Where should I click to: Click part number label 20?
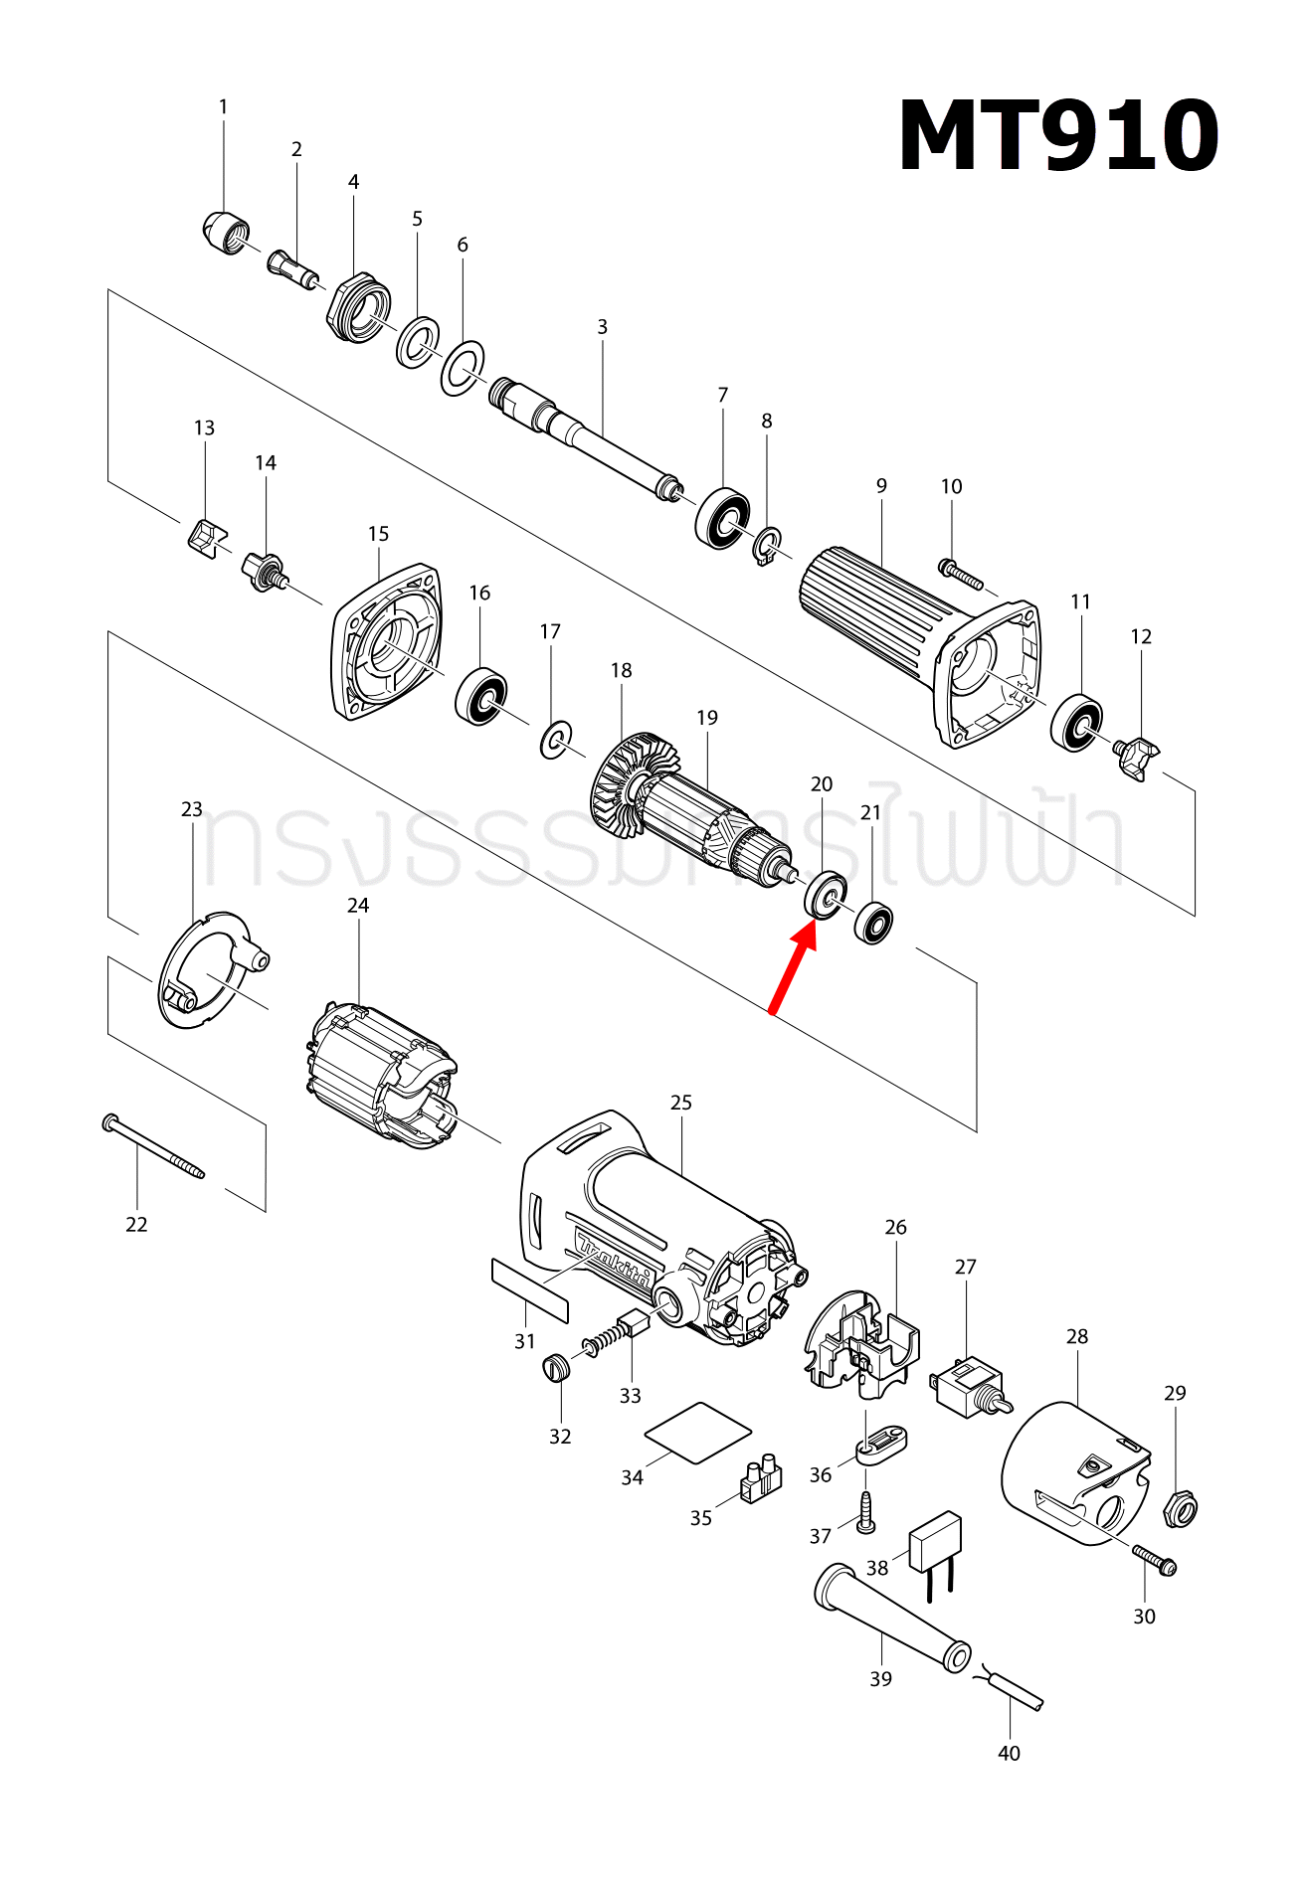[822, 784]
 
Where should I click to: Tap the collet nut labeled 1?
[225, 234]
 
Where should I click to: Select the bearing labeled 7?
[722, 517]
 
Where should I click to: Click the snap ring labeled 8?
[767, 546]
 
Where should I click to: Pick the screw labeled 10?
[960, 574]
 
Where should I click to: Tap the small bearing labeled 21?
[873, 923]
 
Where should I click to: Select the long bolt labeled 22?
[153, 1147]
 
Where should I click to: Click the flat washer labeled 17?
[555, 740]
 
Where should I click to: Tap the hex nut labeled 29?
[1180, 1509]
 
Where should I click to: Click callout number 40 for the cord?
[1009, 1753]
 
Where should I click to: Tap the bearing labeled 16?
[480, 697]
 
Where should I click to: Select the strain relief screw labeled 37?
[865, 1512]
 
